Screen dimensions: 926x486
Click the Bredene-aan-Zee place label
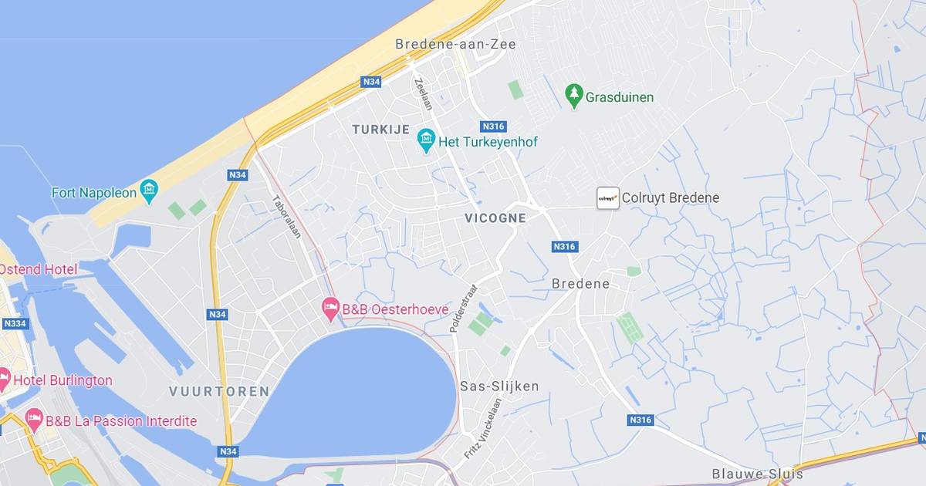[x=455, y=44]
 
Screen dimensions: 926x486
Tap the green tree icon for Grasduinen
[x=573, y=96]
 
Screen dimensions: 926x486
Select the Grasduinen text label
[x=619, y=97]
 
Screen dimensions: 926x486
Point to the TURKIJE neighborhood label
[x=380, y=130]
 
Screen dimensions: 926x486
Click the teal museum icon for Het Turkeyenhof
[x=426, y=141]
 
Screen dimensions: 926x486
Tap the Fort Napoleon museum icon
[x=149, y=191]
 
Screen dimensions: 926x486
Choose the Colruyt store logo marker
[x=608, y=197]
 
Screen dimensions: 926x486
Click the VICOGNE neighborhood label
[x=495, y=218]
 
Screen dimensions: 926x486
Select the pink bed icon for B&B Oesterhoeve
[x=330, y=309]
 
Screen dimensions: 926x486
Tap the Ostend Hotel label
[x=39, y=269]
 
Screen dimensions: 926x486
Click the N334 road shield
[x=15, y=323]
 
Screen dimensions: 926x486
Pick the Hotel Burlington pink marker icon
[x=4, y=380]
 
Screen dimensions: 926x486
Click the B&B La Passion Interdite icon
[x=34, y=420]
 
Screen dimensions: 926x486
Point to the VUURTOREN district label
[x=219, y=392]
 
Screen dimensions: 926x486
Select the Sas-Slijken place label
[x=499, y=386]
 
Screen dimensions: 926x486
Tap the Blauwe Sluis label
[x=757, y=474]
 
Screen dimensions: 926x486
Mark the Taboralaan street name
[x=286, y=216]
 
